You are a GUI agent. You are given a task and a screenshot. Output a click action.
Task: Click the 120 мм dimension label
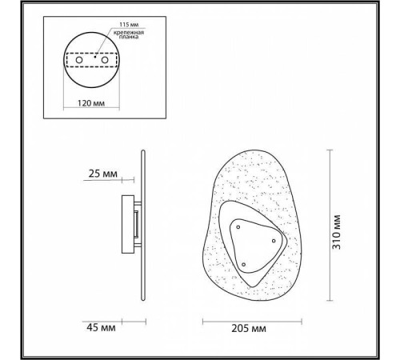pos(91,103)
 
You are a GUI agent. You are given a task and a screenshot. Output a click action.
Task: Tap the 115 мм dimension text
pos(129,25)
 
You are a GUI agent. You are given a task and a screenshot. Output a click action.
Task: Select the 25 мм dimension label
pos(102,174)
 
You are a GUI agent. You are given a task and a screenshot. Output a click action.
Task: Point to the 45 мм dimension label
pos(101,327)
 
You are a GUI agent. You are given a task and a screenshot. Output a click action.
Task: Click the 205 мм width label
pos(249,328)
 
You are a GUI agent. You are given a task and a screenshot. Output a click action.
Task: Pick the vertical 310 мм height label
pos(337,232)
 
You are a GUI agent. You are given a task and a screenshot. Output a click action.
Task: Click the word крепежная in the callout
pos(129,33)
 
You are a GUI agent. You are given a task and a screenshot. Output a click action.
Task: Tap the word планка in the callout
pos(129,37)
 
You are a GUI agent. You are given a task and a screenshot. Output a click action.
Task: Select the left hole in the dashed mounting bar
pos(79,60)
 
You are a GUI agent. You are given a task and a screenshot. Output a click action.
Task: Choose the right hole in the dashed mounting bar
pos(105,60)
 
